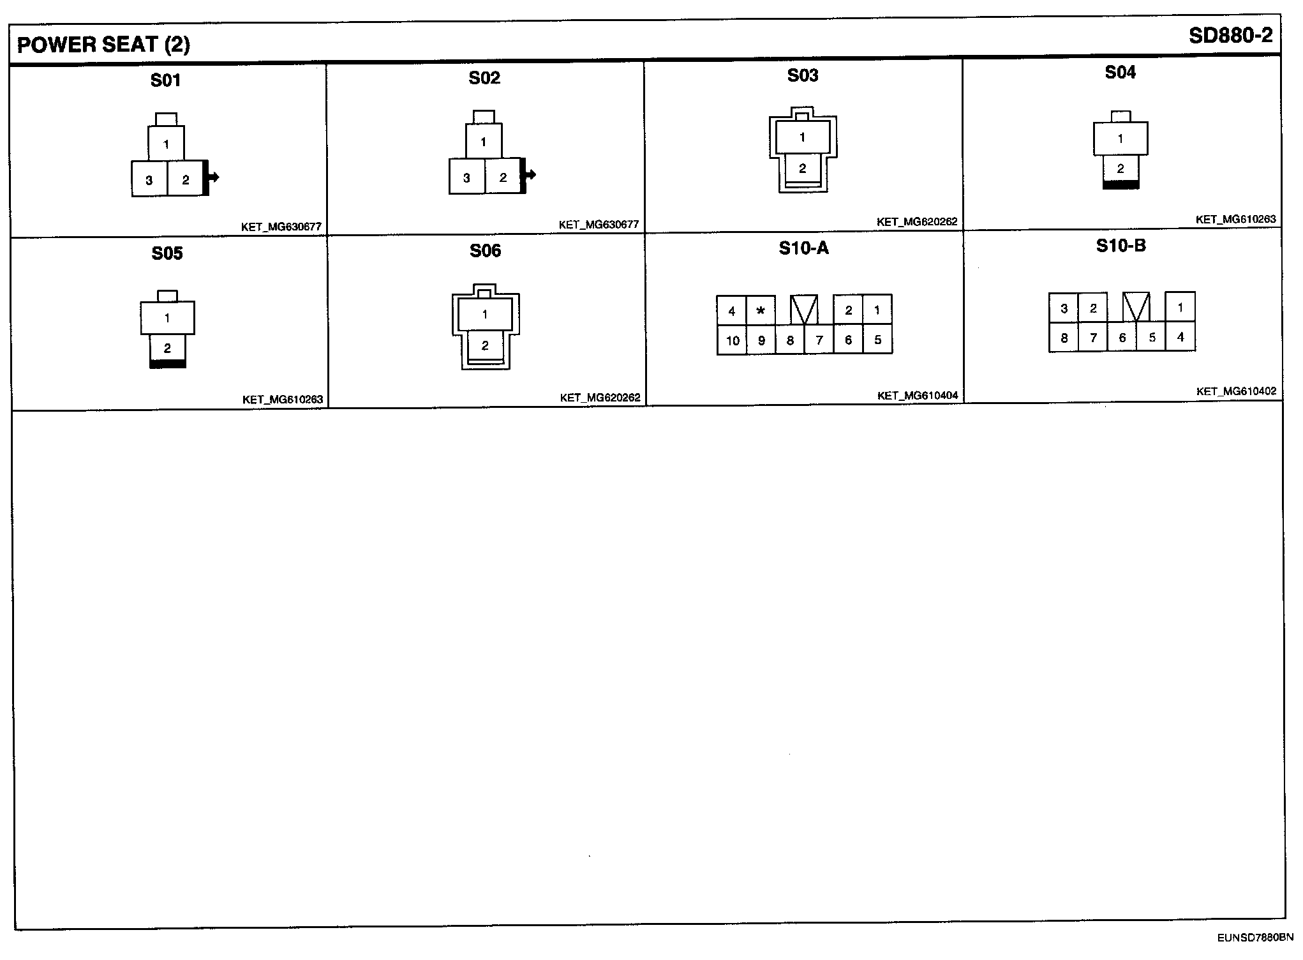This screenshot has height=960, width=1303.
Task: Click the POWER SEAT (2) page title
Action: (103, 45)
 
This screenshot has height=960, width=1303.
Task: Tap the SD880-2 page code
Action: (1230, 36)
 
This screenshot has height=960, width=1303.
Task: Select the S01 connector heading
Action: (165, 80)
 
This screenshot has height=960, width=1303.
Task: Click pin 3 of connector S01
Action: (149, 179)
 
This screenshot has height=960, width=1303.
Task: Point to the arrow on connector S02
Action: (529, 175)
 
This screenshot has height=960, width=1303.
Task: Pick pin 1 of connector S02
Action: (483, 142)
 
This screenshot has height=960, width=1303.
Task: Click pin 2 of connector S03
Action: (802, 169)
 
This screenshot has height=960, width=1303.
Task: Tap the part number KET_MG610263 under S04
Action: (1236, 220)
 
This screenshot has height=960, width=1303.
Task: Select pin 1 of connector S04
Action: (1120, 139)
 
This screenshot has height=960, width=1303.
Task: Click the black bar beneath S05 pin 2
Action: (168, 364)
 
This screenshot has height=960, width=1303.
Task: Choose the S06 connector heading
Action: (485, 251)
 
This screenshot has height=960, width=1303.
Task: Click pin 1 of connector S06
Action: (485, 314)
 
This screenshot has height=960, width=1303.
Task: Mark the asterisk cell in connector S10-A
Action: (761, 311)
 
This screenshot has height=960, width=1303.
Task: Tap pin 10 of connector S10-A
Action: (732, 340)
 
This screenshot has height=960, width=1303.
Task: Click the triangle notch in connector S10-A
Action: (804, 310)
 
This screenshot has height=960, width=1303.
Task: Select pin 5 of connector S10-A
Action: (877, 340)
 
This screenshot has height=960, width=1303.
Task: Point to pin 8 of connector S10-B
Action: (1064, 338)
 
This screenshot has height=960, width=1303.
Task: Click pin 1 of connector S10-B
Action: (1180, 307)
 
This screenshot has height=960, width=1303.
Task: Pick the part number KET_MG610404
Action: (918, 396)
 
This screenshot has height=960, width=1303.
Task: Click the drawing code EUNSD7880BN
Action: (1255, 938)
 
